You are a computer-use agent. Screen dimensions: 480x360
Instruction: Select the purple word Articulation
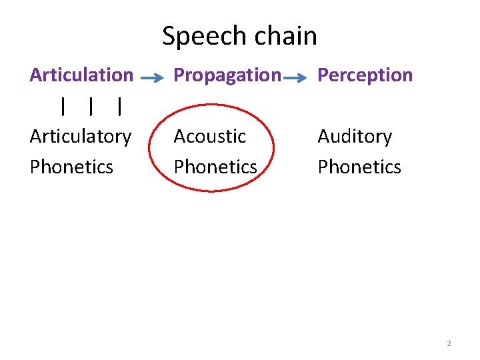(x=81, y=75)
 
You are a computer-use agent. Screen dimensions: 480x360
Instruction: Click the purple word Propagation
(x=227, y=76)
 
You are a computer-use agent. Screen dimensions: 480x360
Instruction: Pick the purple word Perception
(x=365, y=75)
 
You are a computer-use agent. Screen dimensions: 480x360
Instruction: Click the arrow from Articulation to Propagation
(x=153, y=77)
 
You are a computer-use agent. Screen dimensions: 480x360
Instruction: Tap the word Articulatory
(x=81, y=137)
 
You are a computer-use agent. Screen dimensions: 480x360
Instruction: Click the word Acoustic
(x=210, y=136)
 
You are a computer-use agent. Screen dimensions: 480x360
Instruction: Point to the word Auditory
(x=355, y=137)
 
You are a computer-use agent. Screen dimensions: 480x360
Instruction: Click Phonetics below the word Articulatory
(x=71, y=166)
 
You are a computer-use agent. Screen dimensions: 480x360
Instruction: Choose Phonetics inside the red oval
(x=215, y=166)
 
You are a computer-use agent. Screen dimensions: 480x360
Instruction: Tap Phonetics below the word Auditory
(x=359, y=166)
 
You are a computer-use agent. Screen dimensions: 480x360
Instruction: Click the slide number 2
(x=449, y=343)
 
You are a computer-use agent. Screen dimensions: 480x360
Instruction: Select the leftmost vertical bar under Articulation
(x=63, y=106)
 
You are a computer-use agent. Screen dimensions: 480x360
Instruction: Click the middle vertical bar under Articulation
(x=91, y=106)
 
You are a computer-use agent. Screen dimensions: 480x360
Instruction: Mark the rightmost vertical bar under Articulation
(x=119, y=106)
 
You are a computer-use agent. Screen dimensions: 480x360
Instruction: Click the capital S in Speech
(x=169, y=36)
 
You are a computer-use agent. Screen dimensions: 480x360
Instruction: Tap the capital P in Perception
(x=323, y=75)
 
